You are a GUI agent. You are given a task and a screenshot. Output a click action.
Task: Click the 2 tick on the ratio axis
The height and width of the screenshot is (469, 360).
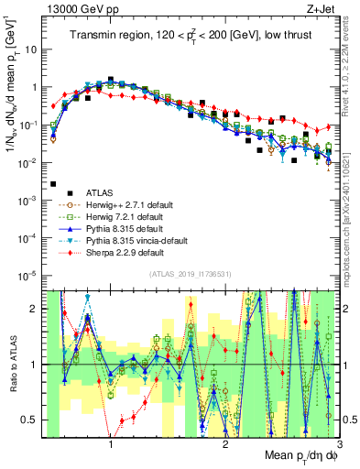(37, 309)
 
